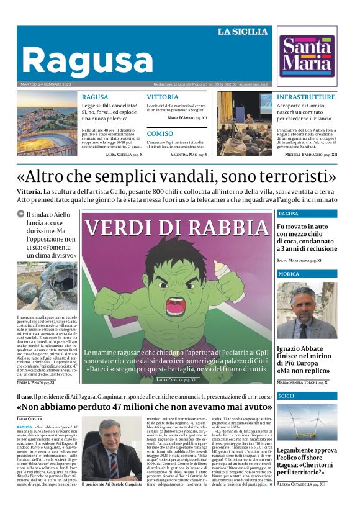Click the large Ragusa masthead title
[x=87, y=60]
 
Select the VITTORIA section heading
[x=163, y=97]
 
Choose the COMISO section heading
[x=160, y=133]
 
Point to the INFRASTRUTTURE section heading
[x=306, y=97]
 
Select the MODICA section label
[x=289, y=274]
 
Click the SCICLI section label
[x=286, y=396]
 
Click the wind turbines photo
[x=307, y=422]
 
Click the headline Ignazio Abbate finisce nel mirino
[x=307, y=353]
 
